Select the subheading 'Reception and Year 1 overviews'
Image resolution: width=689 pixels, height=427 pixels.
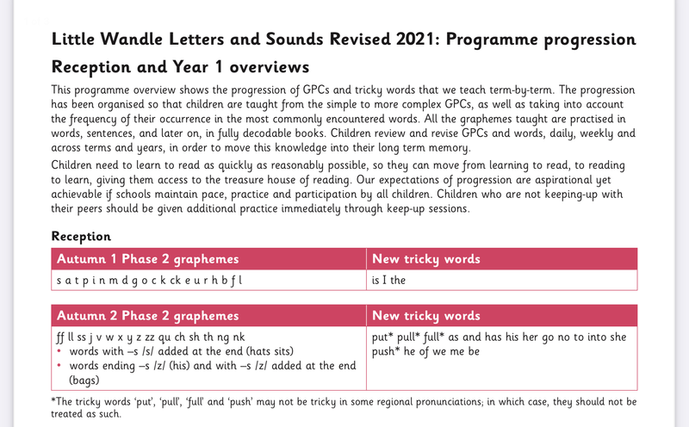(x=181, y=67)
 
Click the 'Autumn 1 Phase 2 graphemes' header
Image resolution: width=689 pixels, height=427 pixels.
(x=147, y=259)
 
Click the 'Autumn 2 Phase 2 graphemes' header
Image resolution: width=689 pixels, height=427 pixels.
(x=147, y=316)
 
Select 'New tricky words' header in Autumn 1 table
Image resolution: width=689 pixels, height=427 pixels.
(x=426, y=259)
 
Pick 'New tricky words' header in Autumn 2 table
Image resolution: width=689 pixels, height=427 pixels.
(x=426, y=316)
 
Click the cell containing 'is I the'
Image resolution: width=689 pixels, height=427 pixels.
(x=388, y=281)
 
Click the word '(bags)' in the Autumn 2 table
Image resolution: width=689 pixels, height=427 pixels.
(x=82, y=380)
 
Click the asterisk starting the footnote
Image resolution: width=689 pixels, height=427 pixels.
(x=54, y=400)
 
